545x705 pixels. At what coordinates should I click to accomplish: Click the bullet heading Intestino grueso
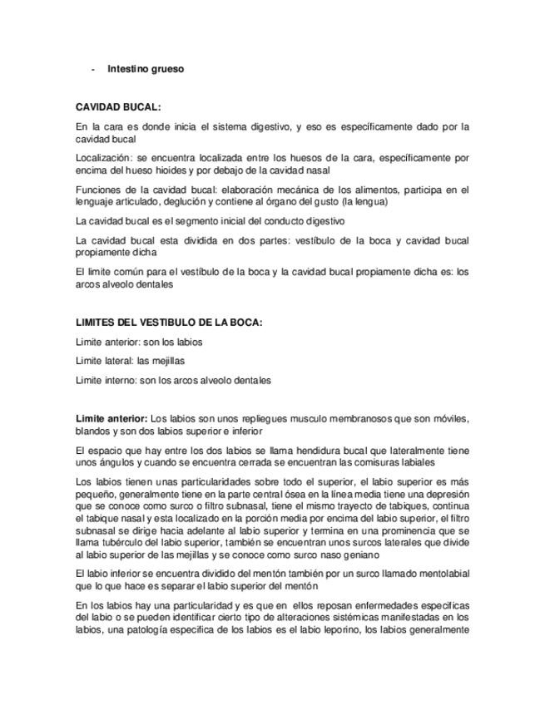(x=146, y=69)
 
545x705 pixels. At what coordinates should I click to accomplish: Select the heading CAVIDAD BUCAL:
(x=118, y=108)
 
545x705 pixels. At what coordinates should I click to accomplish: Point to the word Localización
(x=102, y=157)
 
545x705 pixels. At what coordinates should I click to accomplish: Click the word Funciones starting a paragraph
(x=97, y=190)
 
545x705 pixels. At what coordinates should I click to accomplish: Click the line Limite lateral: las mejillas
(x=129, y=361)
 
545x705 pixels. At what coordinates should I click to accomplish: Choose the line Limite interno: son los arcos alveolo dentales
(x=173, y=380)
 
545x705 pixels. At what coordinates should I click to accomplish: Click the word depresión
(x=447, y=493)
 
